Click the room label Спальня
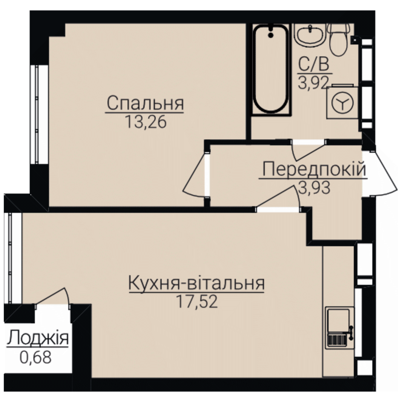(146, 103)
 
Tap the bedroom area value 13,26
(146, 122)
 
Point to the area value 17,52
(197, 301)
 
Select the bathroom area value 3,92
(313, 83)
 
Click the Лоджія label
(38, 338)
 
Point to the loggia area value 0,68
(35, 357)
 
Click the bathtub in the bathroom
(271, 69)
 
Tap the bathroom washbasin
(310, 35)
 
